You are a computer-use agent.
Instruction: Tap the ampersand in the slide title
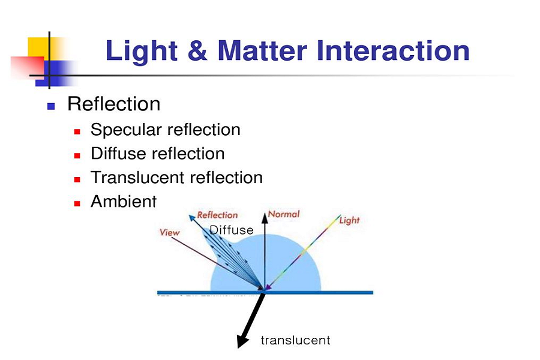coord(197,50)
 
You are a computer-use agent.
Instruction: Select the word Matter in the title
coord(262,50)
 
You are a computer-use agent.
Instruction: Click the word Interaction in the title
coord(393,50)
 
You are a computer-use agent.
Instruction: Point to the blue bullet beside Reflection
coord(51,106)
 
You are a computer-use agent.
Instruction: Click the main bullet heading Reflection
coord(113,104)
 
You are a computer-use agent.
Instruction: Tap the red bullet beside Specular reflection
coord(77,131)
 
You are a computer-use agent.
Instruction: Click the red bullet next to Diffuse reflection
coord(77,156)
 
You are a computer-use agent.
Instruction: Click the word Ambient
coord(124,202)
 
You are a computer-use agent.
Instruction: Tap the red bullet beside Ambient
coord(77,203)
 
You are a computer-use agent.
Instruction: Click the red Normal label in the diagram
coord(284,214)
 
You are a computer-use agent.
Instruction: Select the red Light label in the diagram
coord(349,220)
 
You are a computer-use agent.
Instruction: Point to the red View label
coord(169,233)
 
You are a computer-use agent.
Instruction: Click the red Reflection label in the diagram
coord(217,215)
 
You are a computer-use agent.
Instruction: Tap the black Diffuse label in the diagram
coord(232,230)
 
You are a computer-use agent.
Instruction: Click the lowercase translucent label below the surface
coord(295,340)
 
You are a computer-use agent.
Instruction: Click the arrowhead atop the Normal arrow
coord(265,217)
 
